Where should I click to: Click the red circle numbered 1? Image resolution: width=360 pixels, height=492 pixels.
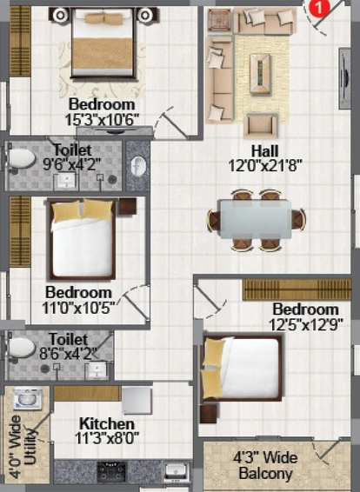(319, 8)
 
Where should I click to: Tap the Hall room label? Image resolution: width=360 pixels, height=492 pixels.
(265, 151)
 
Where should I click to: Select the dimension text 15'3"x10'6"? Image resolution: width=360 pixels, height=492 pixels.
(102, 119)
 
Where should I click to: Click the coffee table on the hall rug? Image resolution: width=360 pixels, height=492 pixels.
(260, 74)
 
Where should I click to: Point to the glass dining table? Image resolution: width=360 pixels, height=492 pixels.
(256, 219)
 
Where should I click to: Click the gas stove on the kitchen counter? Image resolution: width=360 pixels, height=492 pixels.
(111, 472)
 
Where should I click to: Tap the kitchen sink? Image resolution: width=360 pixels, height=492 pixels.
(176, 472)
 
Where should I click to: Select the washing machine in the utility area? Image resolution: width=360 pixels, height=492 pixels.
(28, 398)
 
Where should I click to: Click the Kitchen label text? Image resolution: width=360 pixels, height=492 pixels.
(107, 423)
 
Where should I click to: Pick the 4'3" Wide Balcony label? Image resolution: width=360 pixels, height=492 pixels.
(265, 465)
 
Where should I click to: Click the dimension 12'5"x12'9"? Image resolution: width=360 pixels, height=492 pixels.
(306, 325)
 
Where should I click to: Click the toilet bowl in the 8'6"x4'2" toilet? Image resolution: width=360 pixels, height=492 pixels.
(21, 348)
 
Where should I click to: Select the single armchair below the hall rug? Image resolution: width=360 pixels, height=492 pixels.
(261, 126)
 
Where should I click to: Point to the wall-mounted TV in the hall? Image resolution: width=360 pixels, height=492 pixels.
(344, 78)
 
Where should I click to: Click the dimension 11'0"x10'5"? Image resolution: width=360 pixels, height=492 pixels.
(78, 308)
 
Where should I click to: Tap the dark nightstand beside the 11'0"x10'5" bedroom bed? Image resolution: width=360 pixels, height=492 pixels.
(128, 206)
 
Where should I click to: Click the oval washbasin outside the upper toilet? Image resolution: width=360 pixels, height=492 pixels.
(138, 166)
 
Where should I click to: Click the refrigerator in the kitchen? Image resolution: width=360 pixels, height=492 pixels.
(137, 401)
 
